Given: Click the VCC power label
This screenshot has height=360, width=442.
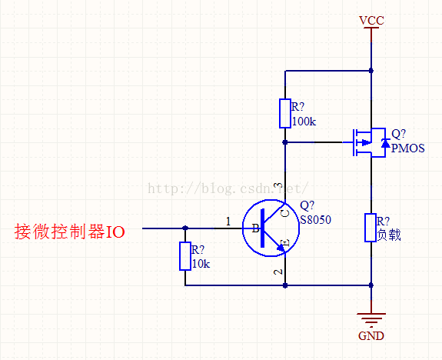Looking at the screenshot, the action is tap(371, 20).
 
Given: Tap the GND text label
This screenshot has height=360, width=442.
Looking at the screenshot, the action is tap(371, 335).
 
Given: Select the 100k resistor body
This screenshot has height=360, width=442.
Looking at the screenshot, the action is tap(285, 113).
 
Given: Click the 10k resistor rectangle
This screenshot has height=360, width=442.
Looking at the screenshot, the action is tap(185, 256).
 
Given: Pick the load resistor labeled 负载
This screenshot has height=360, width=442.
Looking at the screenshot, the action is tap(371, 228).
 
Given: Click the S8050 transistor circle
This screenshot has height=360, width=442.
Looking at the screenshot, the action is tap(271, 228).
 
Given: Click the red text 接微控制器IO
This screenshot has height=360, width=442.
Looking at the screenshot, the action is tap(70, 232).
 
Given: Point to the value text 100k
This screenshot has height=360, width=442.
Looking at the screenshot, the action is tap(304, 122).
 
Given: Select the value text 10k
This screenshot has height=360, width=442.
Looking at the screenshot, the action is tap(201, 264).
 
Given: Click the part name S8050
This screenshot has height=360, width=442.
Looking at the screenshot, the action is tap(315, 220).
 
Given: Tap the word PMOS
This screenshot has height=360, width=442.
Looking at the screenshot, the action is tap(408, 148).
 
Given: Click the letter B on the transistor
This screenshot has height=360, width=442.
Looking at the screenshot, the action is tap(256, 228).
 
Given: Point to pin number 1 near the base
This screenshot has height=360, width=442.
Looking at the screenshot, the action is tap(228, 222).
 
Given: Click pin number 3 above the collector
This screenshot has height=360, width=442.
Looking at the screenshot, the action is tap(278, 185).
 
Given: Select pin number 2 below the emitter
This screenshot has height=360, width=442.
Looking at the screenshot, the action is tap(278, 272).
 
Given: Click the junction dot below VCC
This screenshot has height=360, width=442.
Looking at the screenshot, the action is tap(371, 71).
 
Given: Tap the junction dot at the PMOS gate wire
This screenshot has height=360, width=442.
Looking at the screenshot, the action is tap(285, 142).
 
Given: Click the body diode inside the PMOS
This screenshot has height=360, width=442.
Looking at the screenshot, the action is tap(385, 143).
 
